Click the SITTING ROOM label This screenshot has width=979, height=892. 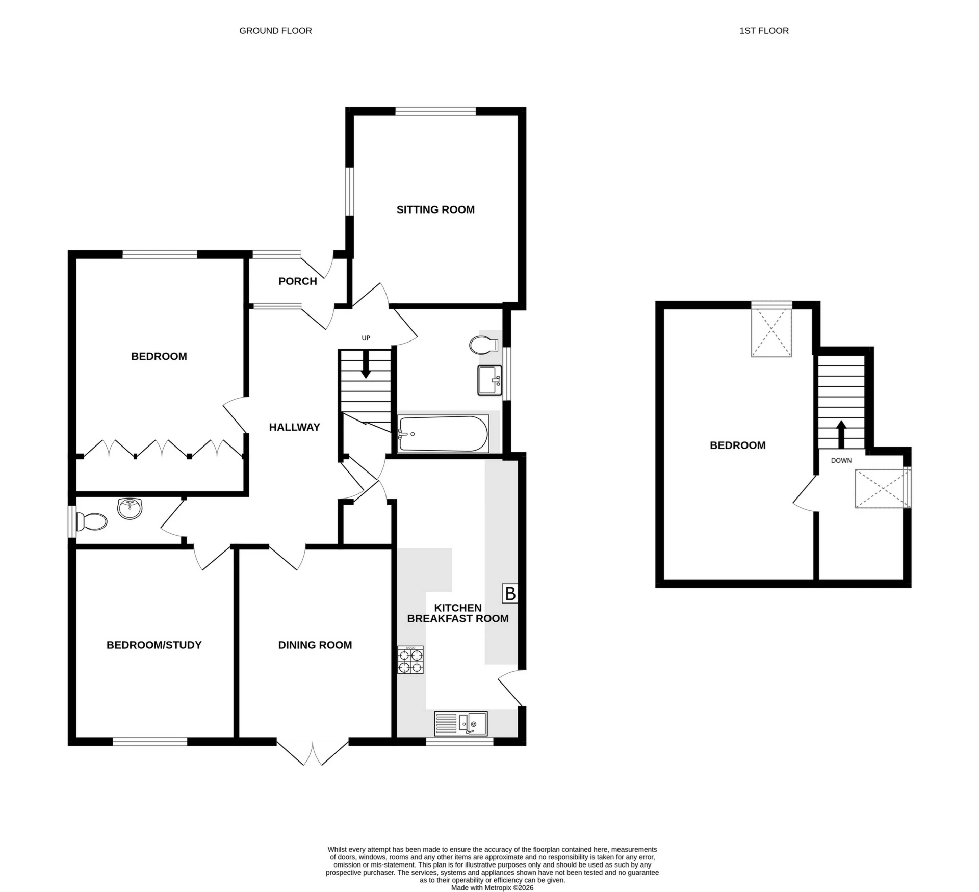coord(435,209)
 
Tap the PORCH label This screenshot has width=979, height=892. coord(297,281)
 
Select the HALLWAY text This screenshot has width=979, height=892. coord(294,427)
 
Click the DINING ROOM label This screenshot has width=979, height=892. coord(315,645)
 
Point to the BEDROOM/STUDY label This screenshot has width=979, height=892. coord(154,645)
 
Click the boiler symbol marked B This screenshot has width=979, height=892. coord(509,593)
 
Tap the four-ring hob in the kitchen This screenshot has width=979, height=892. coord(410,660)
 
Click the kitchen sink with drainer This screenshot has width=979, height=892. coord(460,723)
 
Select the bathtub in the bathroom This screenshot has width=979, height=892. coord(443,434)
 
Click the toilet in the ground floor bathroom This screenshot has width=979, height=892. coord(482,345)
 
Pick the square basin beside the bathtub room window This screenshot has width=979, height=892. coord(489,380)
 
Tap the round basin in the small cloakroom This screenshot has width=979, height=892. coord(130,508)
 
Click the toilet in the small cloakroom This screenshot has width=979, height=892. coord(92,521)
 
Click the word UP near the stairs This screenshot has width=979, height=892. coord(366,338)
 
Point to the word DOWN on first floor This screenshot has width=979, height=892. coord(841,460)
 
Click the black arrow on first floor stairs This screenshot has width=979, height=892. coord(841,434)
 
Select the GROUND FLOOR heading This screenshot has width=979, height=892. coord(275,31)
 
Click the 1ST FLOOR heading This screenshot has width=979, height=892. coord(764,31)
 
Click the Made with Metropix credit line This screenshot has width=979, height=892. coord(492,887)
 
